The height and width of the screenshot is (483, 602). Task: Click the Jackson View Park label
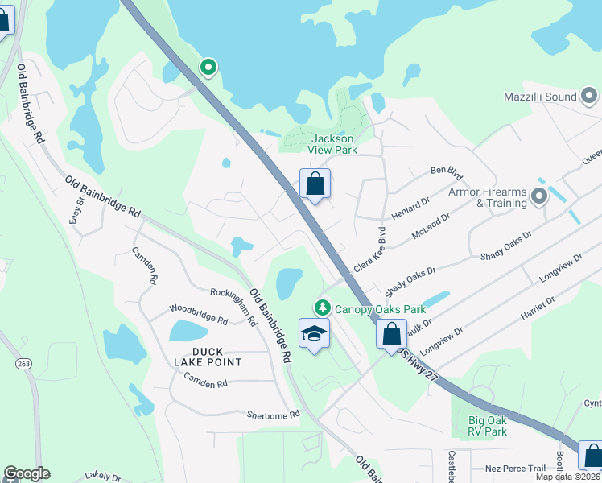click(332, 144)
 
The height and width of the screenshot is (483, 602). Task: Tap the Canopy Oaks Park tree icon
click(322, 308)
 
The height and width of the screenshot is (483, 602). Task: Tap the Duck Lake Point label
click(205, 357)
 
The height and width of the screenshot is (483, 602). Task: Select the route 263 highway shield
click(23, 364)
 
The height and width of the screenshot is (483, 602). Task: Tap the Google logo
click(27, 473)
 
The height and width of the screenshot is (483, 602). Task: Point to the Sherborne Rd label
click(273, 415)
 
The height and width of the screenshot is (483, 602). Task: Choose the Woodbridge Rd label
click(198, 313)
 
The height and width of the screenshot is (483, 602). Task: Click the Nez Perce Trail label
click(516, 469)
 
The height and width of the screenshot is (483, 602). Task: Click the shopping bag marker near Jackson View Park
click(315, 184)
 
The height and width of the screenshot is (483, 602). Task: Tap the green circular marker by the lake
click(208, 67)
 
